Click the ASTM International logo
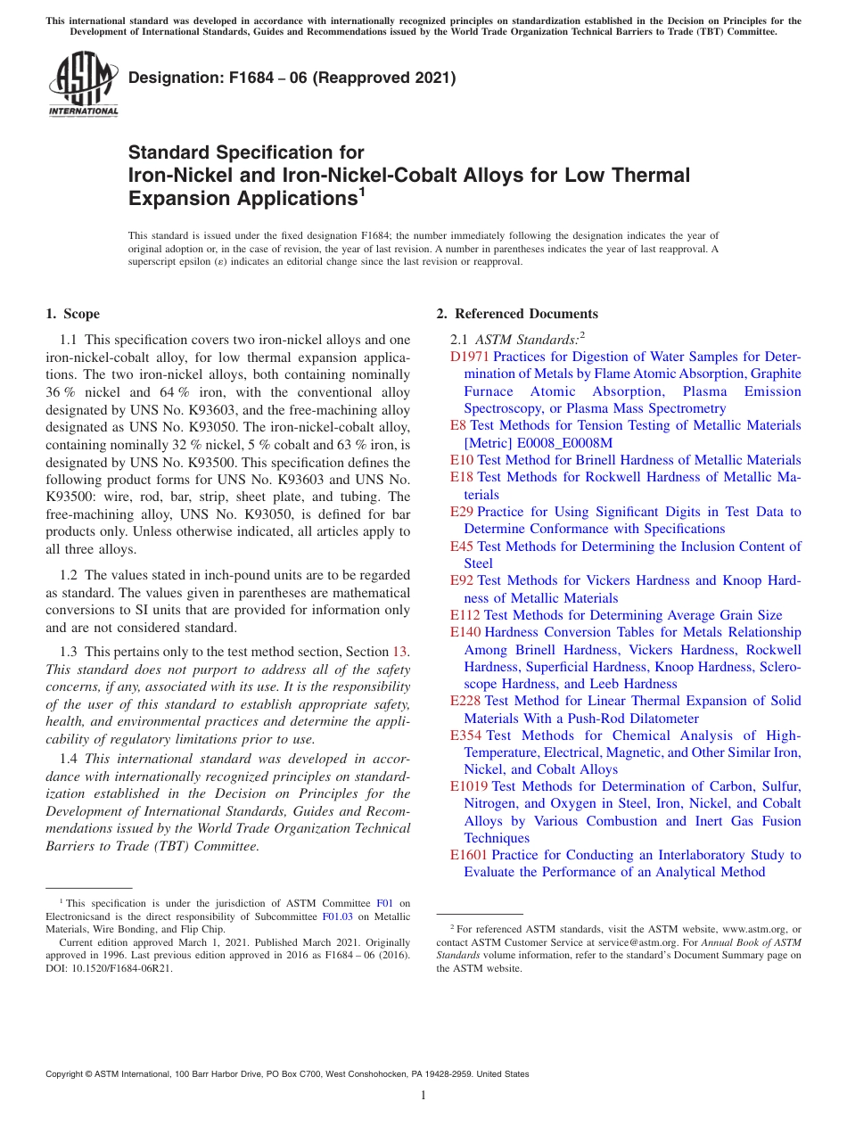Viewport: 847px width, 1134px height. pos(83,85)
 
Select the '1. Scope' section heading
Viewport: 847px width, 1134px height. pos(73,314)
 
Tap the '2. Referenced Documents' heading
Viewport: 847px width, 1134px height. pos(517,314)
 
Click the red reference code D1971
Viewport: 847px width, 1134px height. pos(470,357)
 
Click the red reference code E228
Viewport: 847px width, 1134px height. pos(465,702)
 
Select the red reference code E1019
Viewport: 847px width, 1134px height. pos(469,786)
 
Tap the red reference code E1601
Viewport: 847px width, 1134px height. pos(469,855)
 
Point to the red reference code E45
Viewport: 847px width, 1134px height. pos(462,546)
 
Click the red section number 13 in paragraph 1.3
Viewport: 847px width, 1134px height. pos(401,652)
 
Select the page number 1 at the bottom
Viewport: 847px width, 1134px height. pos(423,1096)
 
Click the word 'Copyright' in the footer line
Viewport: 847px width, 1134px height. pos(67,1074)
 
